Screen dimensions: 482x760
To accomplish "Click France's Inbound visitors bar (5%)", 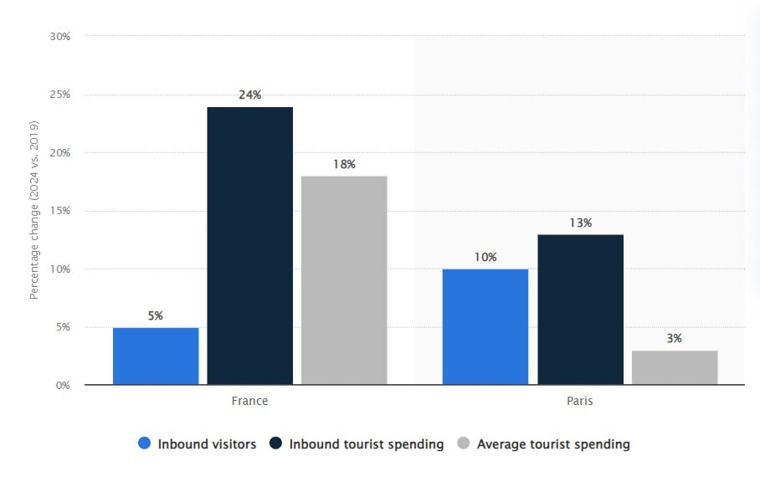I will tap(156, 356).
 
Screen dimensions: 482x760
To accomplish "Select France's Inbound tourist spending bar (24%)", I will tap(250, 246).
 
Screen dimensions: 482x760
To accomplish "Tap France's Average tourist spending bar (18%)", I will tap(344, 280).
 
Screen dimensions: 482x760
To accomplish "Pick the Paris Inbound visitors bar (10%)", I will tap(485, 326).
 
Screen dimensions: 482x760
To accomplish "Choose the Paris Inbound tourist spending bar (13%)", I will tap(580, 310).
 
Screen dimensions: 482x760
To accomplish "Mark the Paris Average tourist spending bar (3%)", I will tap(675, 367).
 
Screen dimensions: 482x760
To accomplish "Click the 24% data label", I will tap(250, 95).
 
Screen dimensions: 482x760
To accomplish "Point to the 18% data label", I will tap(344, 165).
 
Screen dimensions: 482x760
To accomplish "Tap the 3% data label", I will tap(675, 339).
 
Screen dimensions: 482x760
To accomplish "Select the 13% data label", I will tap(580, 223).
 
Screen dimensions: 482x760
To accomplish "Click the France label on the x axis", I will tap(250, 401).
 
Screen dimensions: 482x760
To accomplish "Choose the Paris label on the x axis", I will tap(580, 401).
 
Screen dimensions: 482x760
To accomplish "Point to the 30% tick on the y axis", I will tap(59, 37).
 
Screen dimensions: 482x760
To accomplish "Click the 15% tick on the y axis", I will tap(59, 211).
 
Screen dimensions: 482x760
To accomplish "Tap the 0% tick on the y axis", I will tap(63, 386).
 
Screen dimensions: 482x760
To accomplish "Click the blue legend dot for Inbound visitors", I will tap(145, 444).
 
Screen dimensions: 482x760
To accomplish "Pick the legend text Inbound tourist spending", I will tap(367, 444).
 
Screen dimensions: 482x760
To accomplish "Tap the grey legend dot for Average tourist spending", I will tap(464, 444).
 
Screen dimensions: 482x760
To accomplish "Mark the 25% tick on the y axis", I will tap(59, 95).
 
